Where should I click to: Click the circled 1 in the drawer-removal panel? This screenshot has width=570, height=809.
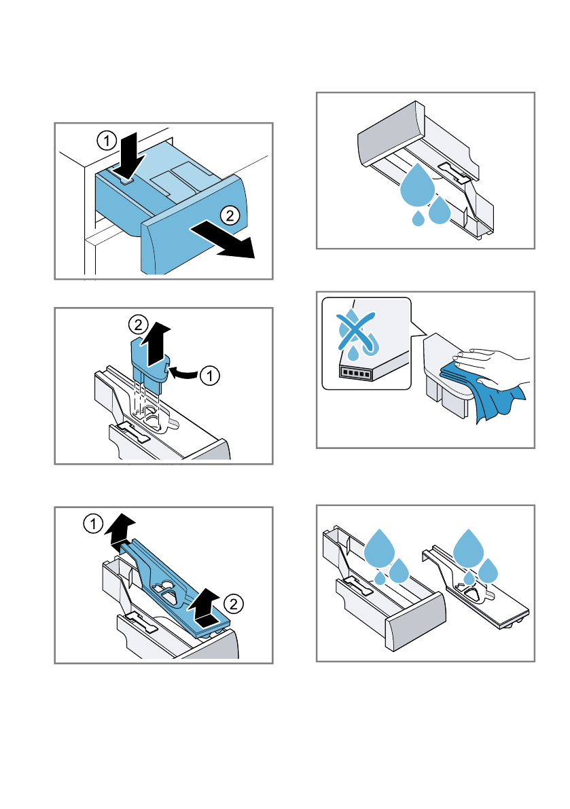click(107, 141)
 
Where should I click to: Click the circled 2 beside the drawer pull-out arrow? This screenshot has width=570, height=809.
click(230, 215)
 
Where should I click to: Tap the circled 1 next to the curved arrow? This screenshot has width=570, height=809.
click(209, 376)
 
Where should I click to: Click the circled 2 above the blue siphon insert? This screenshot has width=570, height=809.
click(138, 325)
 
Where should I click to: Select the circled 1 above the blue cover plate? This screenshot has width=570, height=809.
click(93, 524)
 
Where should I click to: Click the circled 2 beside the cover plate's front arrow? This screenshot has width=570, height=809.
click(234, 604)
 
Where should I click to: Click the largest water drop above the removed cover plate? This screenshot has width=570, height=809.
click(468, 547)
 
